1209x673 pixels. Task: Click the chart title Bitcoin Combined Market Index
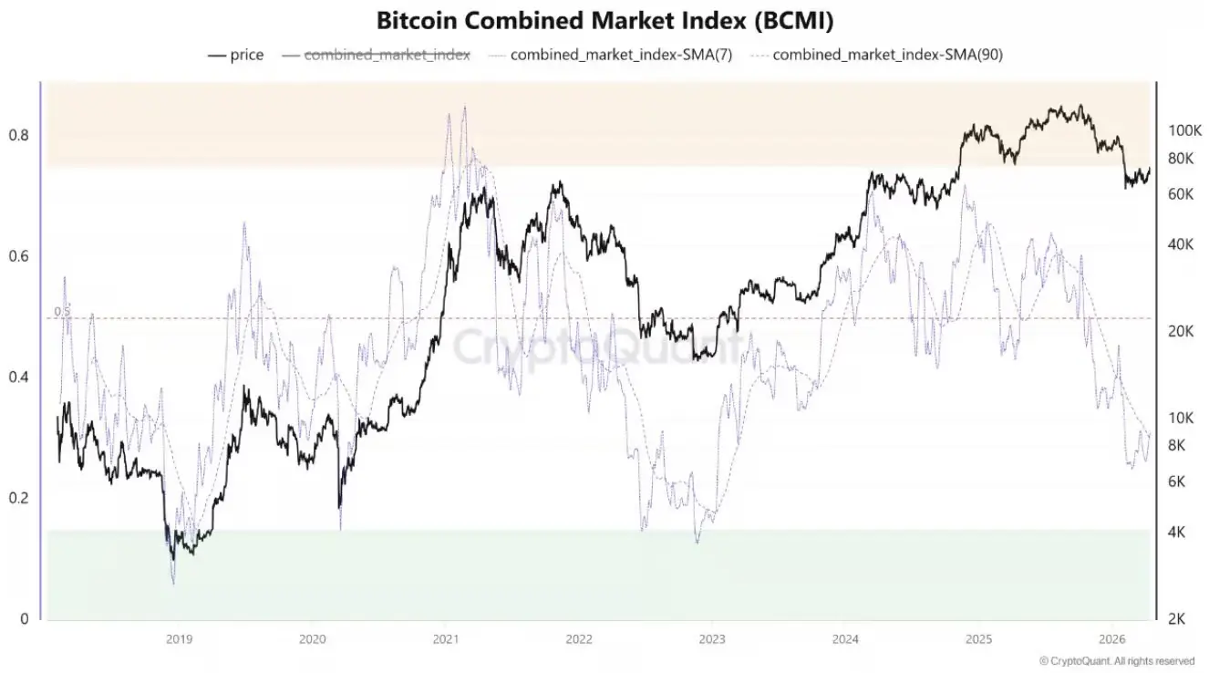click(x=604, y=20)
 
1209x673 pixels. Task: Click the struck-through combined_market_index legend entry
click(x=387, y=55)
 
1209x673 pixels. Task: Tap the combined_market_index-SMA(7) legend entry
click(x=621, y=55)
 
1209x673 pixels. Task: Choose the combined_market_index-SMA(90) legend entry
click(x=887, y=55)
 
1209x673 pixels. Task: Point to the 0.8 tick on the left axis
click(x=19, y=135)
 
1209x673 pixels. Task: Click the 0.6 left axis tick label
click(x=19, y=256)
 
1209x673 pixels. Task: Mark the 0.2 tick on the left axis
click(x=19, y=498)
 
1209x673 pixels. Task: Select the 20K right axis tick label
click(x=1181, y=331)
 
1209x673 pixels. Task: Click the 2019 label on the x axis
click(x=179, y=638)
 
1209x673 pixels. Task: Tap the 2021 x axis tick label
click(x=445, y=638)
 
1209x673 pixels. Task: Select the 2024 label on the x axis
click(x=845, y=638)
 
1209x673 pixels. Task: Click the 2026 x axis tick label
click(x=1111, y=638)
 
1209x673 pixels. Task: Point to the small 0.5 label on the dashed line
click(x=61, y=312)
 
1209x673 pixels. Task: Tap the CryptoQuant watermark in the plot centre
click(x=597, y=347)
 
